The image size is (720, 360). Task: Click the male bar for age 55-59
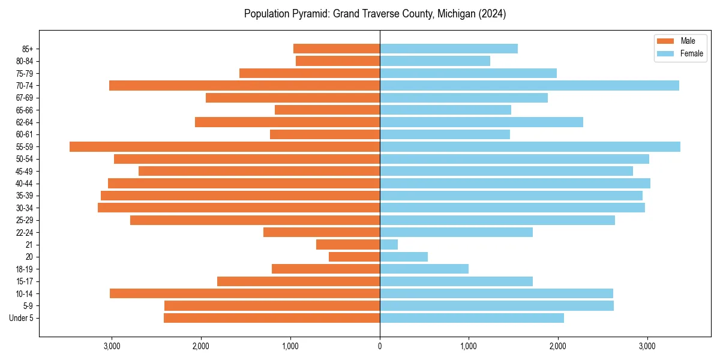point(224,146)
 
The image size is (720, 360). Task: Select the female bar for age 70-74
point(529,85)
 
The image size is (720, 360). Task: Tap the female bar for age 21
point(389,244)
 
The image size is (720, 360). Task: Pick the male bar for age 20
point(354,257)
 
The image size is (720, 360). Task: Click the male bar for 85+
point(337,49)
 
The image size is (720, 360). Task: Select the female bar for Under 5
point(472,318)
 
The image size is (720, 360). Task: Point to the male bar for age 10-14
point(245,293)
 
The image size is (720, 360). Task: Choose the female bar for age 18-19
point(424,269)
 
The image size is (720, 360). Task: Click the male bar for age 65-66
point(327,110)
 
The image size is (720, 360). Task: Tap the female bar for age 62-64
point(481,122)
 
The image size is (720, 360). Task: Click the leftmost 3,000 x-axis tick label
point(112,346)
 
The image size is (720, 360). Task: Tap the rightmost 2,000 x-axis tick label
point(557,346)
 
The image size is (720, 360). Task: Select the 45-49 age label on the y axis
point(25,171)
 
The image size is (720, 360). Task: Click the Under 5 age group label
point(22,318)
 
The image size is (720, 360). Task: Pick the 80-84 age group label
point(25,61)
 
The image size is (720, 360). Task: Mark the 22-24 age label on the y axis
point(25,232)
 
